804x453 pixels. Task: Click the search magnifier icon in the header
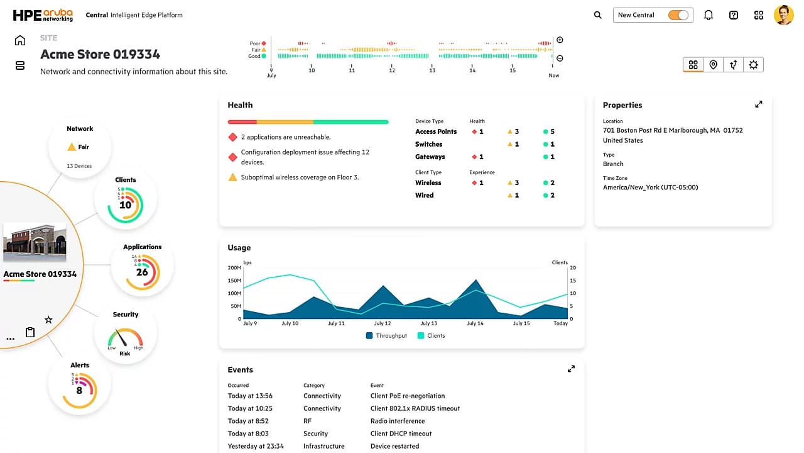pyautogui.click(x=597, y=15)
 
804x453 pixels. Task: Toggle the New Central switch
pyautogui.click(x=678, y=15)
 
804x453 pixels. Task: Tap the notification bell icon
pyautogui.click(x=709, y=15)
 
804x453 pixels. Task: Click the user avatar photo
pyautogui.click(x=783, y=15)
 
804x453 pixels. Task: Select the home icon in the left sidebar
pyautogui.click(x=20, y=41)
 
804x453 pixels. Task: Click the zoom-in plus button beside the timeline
pyautogui.click(x=560, y=40)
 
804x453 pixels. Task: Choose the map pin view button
pyautogui.click(x=713, y=65)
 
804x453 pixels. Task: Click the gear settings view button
pyautogui.click(x=753, y=65)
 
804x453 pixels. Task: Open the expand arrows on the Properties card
pyautogui.click(x=758, y=104)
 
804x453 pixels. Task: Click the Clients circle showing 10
pyautogui.click(x=126, y=201)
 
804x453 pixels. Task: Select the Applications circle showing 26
pyautogui.click(x=142, y=269)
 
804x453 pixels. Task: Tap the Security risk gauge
pyautogui.click(x=125, y=340)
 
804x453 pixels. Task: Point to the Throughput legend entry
pyautogui.click(x=386, y=336)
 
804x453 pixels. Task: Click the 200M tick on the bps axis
pyautogui.click(x=234, y=267)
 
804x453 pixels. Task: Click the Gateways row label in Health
pyautogui.click(x=430, y=157)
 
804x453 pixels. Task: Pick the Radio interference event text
pyautogui.click(x=398, y=421)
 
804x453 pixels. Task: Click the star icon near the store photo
pyautogui.click(x=48, y=320)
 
